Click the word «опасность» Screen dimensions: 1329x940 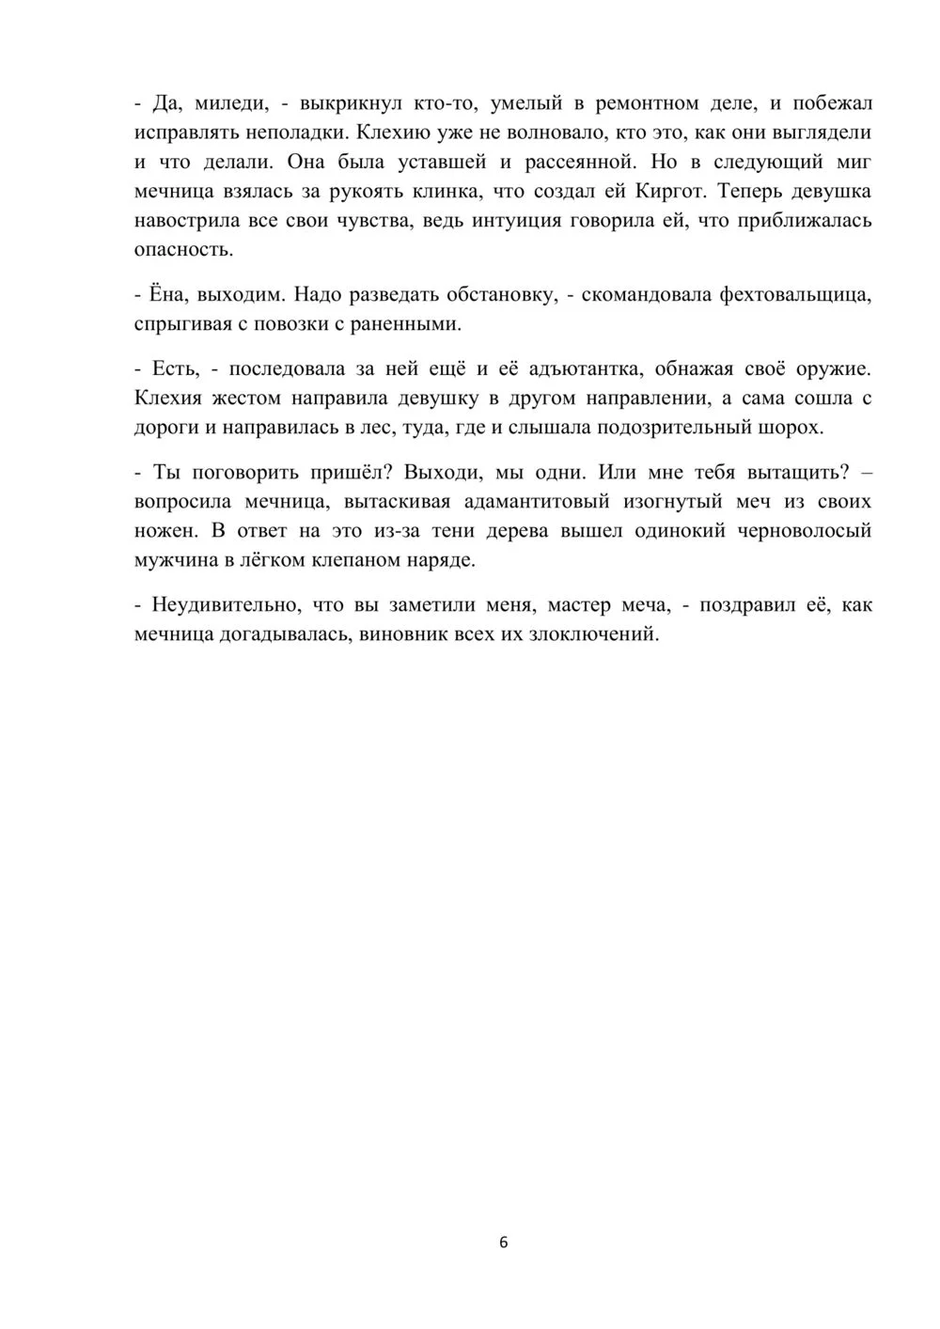coord(181,251)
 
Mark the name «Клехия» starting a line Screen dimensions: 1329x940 coord(168,399)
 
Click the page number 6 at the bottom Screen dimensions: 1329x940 coord(503,1243)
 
